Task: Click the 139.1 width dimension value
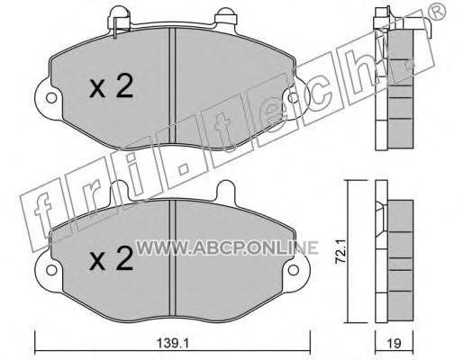coord(173,344)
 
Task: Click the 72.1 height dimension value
coord(341,252)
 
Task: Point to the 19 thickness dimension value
coord(395,344)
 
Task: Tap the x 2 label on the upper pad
coord(112,86)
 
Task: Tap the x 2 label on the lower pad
coord(112,258)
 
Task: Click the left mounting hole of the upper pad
coord(51,98)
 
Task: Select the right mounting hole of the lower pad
coord(294,270)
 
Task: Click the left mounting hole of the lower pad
coord(51,270)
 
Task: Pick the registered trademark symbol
coord(438,11)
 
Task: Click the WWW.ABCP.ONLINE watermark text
coord(227,247)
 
